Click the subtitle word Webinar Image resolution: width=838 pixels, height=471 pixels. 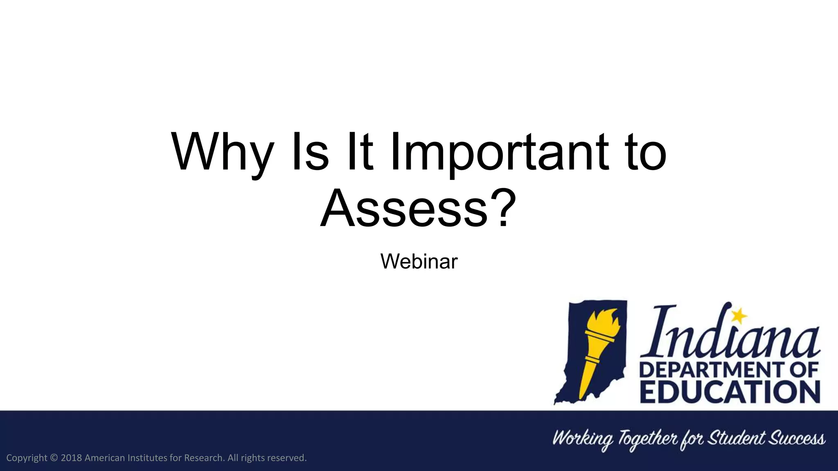pos(419,261)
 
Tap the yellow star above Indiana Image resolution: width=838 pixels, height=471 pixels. pos(739,315)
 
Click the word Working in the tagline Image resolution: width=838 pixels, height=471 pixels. pos(583,439)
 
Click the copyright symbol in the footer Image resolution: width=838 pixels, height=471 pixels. pos(54,458)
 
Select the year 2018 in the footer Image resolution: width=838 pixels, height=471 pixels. pos(71,458)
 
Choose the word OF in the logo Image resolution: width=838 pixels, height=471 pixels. pos(804,370)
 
